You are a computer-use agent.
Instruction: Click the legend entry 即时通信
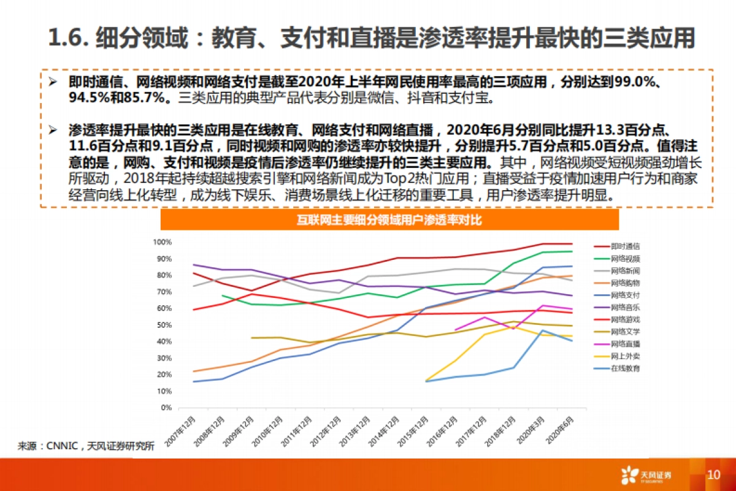click(x=626, y=246)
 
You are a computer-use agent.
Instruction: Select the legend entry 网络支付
click(x=626, y=295)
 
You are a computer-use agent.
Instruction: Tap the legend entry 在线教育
click(x=626, y=368)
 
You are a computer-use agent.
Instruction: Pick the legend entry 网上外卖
click(x=626, y=356)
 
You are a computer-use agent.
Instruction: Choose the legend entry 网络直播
click(x=626, y=344)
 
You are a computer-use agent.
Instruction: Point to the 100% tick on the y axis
click(x=162, y=242)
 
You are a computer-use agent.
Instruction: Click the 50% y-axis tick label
click(x=163, y=325)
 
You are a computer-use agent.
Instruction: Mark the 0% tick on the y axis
click(x=166, y=408)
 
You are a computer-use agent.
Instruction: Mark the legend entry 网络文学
click(x=626, y=332)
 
